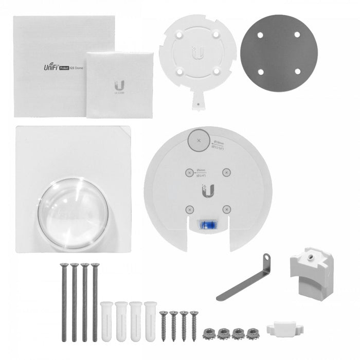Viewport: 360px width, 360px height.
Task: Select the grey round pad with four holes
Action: pyautogui.click(x=278, y=53)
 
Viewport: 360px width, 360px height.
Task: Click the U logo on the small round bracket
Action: pyautogui.click(x=197, y=53)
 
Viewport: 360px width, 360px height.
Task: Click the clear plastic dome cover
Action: pyautogui.click(x=73, y=213)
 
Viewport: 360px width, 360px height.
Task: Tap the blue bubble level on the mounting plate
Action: pyautogui.click(x=207, y=225)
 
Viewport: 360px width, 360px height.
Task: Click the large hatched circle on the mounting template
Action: pyautogui.click(x=199, y=140)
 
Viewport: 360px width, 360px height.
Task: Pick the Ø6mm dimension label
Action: pyautogui.click(x=202, y=174)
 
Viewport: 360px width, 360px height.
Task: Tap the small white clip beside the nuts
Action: pyautogui.click(x=282, y=328)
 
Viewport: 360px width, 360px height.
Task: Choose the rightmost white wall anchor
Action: pyautogui.click(x=150, y=321)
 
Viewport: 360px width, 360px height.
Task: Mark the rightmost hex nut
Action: pyautogui.click(x=253, y=333)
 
